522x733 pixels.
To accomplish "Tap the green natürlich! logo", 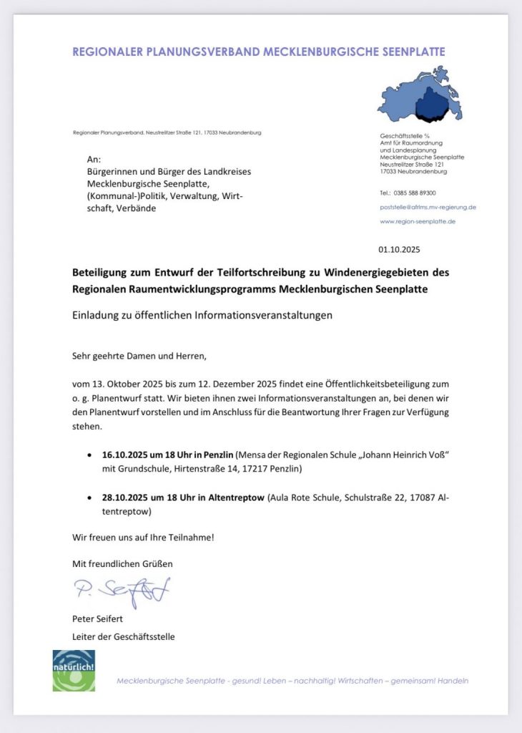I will click(74, 671).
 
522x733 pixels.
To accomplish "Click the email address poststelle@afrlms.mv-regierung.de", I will click(428, 207).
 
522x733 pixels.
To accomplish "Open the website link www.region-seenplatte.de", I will click(418, 221).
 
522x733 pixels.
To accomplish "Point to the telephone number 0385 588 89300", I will click(418, 193).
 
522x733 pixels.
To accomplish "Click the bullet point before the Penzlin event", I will click(88, 455).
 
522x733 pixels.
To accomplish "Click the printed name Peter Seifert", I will click(97, 619).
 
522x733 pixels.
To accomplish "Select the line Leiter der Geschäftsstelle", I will click(123, 636).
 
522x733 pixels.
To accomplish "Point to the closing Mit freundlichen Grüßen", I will click(122, 563).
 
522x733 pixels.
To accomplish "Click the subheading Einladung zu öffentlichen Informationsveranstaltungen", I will click(202, 316).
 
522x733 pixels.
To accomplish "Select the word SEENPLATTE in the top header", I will click(409, 52).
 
